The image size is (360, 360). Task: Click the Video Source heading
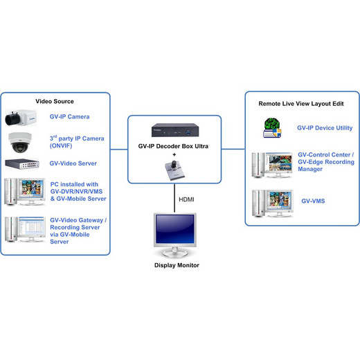click(55, 101)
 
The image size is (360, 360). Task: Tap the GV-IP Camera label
click(69, 117)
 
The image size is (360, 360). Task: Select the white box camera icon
click(21, 118)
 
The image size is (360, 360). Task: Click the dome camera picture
click(20, 143)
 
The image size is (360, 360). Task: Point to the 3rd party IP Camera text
click(77, 142)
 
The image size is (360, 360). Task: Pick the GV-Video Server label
click(73, 163)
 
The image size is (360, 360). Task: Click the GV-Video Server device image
click(22, 164)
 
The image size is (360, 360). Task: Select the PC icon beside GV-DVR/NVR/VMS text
click(25, 192)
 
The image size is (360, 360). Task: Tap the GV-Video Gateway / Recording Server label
click(78, 231)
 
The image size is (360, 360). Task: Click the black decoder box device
click(175, 130)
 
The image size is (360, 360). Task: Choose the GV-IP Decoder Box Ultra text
click(173, 146)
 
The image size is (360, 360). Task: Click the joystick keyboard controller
click(174, 170)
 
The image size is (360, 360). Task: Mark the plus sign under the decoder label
click(174, 154)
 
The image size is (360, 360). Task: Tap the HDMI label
click(186, 199)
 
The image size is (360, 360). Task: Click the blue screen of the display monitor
click(175, 229)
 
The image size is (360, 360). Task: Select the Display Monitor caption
click(177, 265)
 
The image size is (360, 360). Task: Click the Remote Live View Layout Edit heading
click(301, 104)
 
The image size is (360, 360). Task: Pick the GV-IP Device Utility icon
click(273, 127)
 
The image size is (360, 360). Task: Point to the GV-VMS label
click(313, 201)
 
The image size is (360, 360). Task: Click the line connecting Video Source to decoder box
click(119, 150)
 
